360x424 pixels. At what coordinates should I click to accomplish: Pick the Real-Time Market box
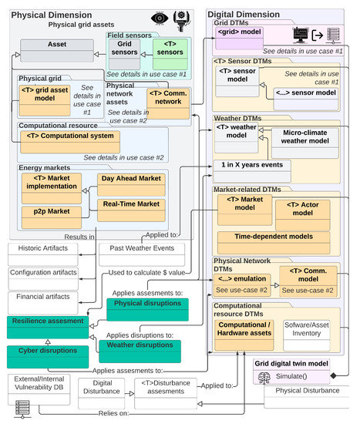(x=130, y=204)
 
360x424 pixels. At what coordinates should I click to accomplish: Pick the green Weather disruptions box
(x=143, y=348)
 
